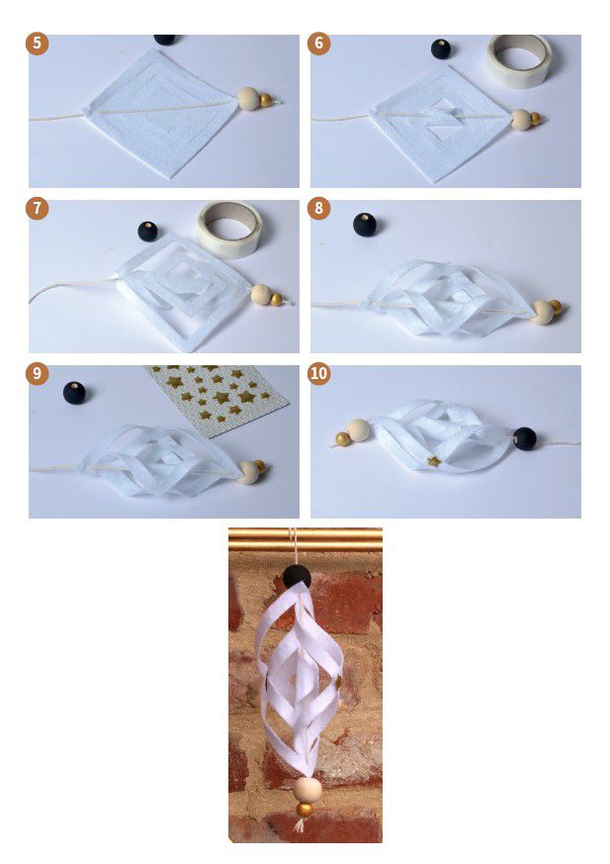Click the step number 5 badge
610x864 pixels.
37,43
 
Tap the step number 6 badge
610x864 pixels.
318,43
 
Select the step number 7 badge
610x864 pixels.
37,208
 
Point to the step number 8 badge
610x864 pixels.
318,208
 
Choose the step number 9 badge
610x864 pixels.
37,373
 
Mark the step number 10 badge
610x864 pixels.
318,373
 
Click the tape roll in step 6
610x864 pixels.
519,60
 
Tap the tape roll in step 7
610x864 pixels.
229,228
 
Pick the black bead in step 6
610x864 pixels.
440,49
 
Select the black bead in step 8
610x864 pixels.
365,225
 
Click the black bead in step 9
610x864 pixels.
74,392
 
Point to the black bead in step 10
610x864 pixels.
524,438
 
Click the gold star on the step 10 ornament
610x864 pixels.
434,461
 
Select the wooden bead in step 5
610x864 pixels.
249,99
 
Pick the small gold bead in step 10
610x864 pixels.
342,439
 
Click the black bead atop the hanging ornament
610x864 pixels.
297,577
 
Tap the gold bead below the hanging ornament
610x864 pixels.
304,810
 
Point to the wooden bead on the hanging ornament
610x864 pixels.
306,790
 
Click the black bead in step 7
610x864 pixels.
147,232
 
